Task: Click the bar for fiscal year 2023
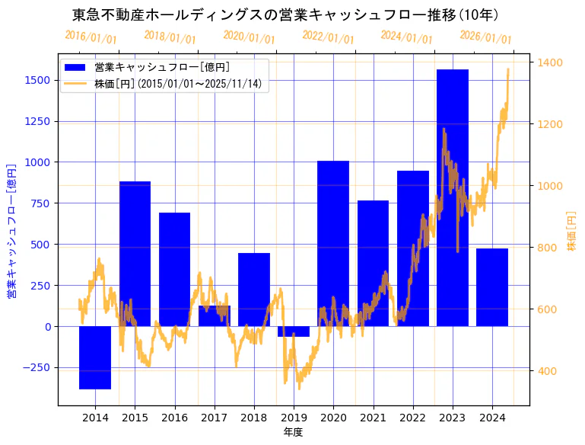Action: coord(453,198)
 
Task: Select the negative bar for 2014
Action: coord(95,357)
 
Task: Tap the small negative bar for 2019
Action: coord(294,331)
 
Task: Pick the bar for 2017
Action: coord(215,316)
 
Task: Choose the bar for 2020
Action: coord(333,244)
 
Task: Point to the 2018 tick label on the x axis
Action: coord(254,418)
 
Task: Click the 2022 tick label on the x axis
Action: coord(413,418)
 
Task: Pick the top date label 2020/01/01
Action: coord(249,37)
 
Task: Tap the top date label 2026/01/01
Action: coord(486,37)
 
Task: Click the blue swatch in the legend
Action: coord(75,68)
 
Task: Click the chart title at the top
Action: coord(285,14)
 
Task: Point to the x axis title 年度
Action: coord(293,432)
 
